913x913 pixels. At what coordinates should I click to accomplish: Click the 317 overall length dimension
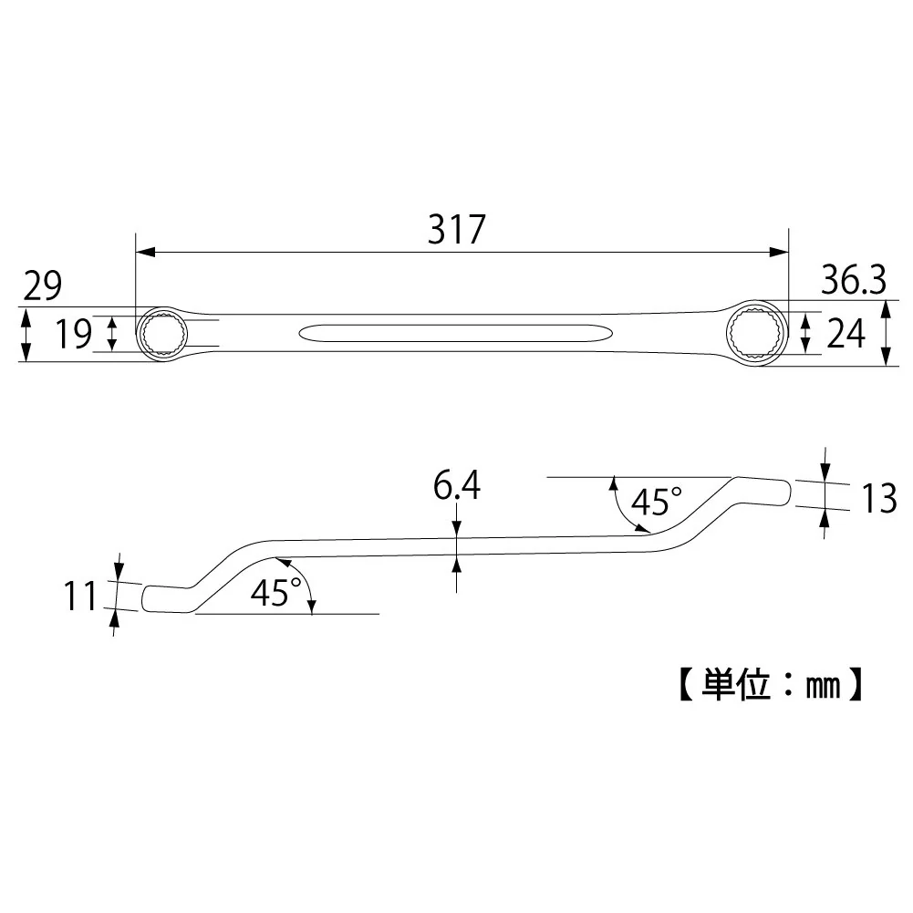pos(456,229)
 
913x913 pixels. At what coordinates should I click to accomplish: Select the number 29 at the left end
pos(43,285)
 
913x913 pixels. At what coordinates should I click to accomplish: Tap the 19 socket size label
pos(73,334)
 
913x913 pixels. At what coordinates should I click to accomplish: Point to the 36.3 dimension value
pos(854,279)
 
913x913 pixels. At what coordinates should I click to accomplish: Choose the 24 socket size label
pos(846,334)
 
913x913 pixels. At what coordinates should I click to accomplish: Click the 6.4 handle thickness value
pos(456,485)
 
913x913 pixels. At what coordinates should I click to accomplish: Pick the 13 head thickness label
pos(878,499)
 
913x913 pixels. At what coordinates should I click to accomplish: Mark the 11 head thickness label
pos(79,597)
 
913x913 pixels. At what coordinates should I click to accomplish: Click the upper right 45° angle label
pos(656,501)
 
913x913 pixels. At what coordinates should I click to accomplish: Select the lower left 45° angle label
pos(276,592)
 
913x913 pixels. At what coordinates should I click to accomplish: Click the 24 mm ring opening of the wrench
pos(756,334)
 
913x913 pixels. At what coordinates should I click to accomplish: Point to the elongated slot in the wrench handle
pos(455,334)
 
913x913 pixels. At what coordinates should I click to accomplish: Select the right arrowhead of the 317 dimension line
pos(779,252)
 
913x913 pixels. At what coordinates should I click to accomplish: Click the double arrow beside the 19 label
pos(113,334)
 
